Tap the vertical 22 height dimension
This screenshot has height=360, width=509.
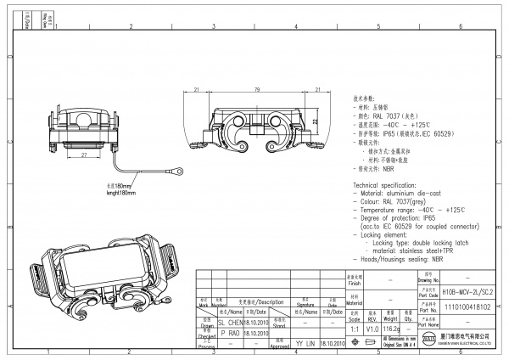point(315,122)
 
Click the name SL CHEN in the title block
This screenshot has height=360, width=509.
point(231,323)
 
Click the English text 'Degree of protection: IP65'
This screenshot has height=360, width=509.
point(396,217)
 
